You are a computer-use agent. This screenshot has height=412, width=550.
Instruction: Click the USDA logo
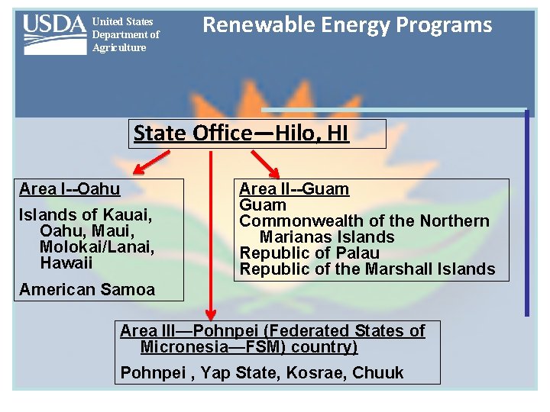coord(54,34)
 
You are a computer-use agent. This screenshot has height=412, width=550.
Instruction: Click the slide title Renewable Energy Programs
coord(347,25)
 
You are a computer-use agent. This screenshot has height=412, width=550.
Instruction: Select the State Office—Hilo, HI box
coord(241,134)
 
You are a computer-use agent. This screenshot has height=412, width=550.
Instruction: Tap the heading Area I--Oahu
coord(70,188)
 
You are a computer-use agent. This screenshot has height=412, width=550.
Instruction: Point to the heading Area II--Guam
coord(294,188)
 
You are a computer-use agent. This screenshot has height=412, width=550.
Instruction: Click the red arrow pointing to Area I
coord(150,162)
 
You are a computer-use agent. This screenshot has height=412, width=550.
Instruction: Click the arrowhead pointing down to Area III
coord(212,314)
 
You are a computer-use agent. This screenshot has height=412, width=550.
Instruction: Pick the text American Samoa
coord(86,289)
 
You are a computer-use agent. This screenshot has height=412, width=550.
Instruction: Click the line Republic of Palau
coord(309,253)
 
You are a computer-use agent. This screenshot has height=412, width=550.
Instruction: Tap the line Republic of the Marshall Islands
coord(367,269)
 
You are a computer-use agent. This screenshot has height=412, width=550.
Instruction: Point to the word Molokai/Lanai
coord(97,246)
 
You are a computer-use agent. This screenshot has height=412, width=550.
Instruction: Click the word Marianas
coord(294,237)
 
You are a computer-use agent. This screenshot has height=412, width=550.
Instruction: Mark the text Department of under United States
coord(125,34)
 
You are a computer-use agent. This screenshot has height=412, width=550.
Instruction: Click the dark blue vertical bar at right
coord(526,213)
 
